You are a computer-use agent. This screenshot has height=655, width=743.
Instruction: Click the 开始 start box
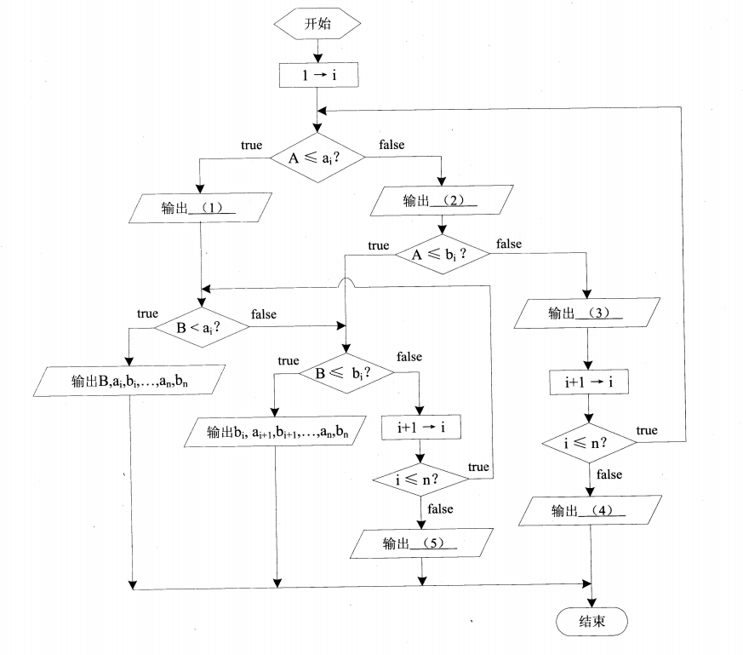317,25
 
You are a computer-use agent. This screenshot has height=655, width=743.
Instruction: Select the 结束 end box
592,622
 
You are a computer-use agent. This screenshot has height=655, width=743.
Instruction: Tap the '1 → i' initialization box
317,75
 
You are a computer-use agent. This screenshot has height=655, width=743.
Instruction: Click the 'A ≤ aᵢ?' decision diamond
317,157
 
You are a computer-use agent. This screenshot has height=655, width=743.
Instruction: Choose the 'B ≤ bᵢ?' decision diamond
344,372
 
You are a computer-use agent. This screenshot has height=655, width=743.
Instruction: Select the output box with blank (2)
440,202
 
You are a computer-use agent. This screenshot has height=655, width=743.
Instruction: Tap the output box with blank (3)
587,313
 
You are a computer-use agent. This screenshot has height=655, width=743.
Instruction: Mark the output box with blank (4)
589,512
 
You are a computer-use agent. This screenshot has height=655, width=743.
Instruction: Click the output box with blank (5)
422,543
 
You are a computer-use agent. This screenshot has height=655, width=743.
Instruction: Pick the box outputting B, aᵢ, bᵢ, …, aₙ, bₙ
129,381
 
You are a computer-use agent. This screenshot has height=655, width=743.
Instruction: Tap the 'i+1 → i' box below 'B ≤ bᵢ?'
422,428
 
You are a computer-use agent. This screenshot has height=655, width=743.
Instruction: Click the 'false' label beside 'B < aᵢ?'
264,314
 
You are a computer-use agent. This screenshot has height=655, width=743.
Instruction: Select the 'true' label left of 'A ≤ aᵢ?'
251,146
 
